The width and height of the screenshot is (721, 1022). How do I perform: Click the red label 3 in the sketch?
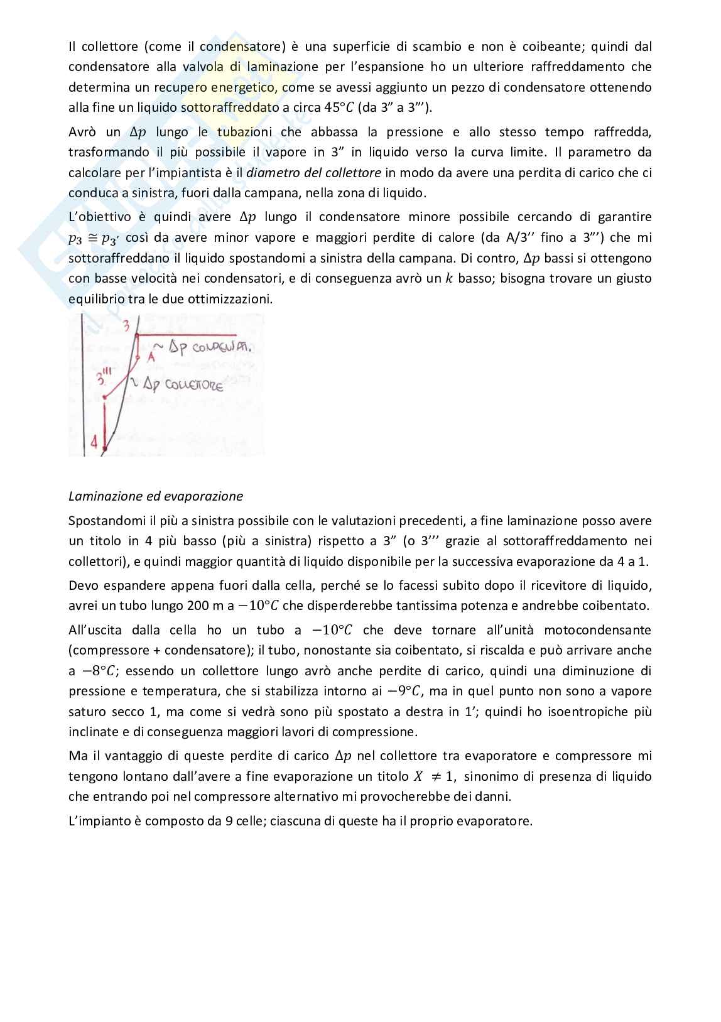click(126, 325)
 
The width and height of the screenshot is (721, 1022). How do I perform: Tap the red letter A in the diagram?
click(151, 357)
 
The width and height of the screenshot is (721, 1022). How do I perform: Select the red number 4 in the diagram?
click(94, 442)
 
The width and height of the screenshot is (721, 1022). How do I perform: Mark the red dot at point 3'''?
click(105, 398)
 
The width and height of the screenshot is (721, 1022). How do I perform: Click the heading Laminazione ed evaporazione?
click(155, 496)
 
